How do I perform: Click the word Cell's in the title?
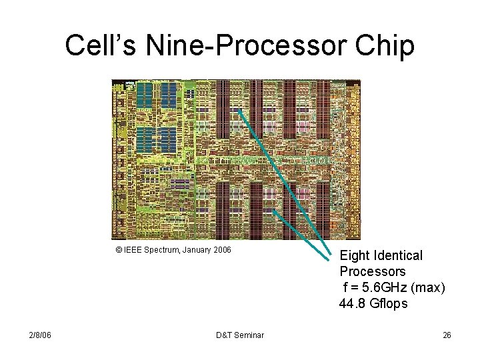92,46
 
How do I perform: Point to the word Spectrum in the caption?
162,250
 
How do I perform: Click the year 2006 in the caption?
221,250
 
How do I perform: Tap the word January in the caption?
196,250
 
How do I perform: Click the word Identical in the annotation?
399,255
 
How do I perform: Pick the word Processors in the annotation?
372,271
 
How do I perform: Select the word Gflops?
389,303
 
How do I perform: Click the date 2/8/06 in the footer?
40,335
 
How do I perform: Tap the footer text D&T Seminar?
240,335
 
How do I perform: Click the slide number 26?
447,335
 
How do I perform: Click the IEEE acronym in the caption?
133,250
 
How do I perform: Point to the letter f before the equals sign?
345,287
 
